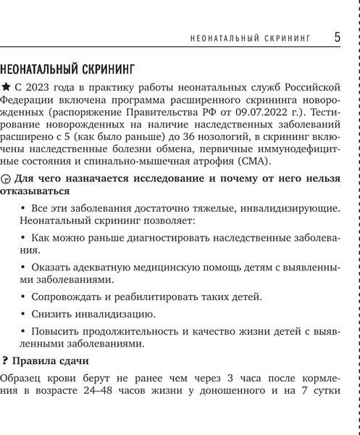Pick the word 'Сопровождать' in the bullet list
66,296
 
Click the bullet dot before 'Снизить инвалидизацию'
23,314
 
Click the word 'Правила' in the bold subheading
35,361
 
